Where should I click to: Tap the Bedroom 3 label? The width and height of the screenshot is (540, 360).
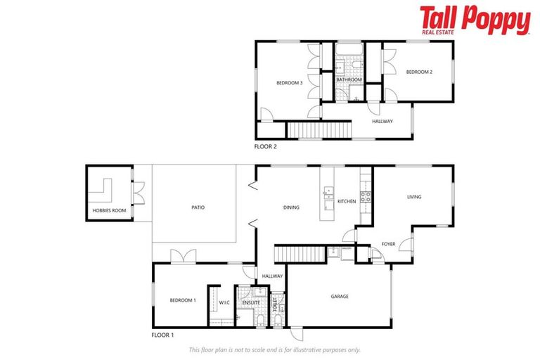289,83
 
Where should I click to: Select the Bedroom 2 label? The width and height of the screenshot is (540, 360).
418,72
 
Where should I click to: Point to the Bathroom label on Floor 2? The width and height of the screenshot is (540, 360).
349,80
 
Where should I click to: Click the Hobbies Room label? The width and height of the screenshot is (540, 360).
109,211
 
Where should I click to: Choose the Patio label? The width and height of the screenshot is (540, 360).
198,207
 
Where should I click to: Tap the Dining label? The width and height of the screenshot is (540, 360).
291,207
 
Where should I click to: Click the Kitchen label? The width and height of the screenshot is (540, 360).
347,202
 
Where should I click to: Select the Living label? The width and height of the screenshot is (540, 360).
414,197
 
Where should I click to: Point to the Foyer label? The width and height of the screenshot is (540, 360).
388,244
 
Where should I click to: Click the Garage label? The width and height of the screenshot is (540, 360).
340,296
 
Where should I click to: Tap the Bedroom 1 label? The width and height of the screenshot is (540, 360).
183,300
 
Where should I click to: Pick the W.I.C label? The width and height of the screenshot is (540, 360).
224,303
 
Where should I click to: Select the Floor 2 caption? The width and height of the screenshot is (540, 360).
267,146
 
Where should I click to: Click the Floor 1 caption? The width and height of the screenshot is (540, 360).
163,335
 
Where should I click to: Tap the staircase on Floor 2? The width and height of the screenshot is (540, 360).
319,130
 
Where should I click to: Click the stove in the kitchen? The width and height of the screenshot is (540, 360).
366,197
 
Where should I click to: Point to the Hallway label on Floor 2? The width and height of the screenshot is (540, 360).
382,122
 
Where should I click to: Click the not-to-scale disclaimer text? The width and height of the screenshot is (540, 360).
274,349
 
